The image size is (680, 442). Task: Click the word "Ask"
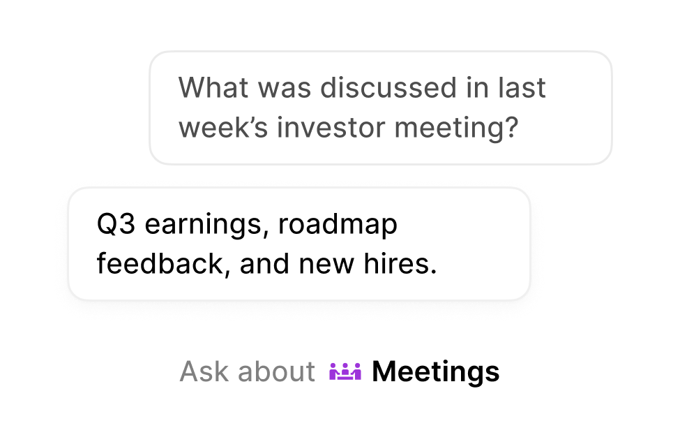(204, 371)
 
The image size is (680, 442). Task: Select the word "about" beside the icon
(276, 371)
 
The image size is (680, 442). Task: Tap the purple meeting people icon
(345, 371)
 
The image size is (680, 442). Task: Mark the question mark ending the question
(512, 128)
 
